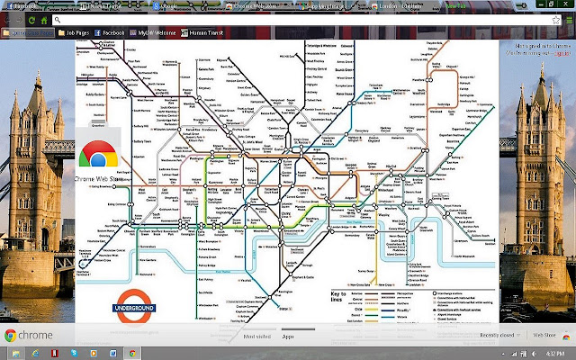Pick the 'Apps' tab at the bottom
tap(289, 335)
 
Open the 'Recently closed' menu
tap(497, 335)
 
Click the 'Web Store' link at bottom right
tap(545, 335)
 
